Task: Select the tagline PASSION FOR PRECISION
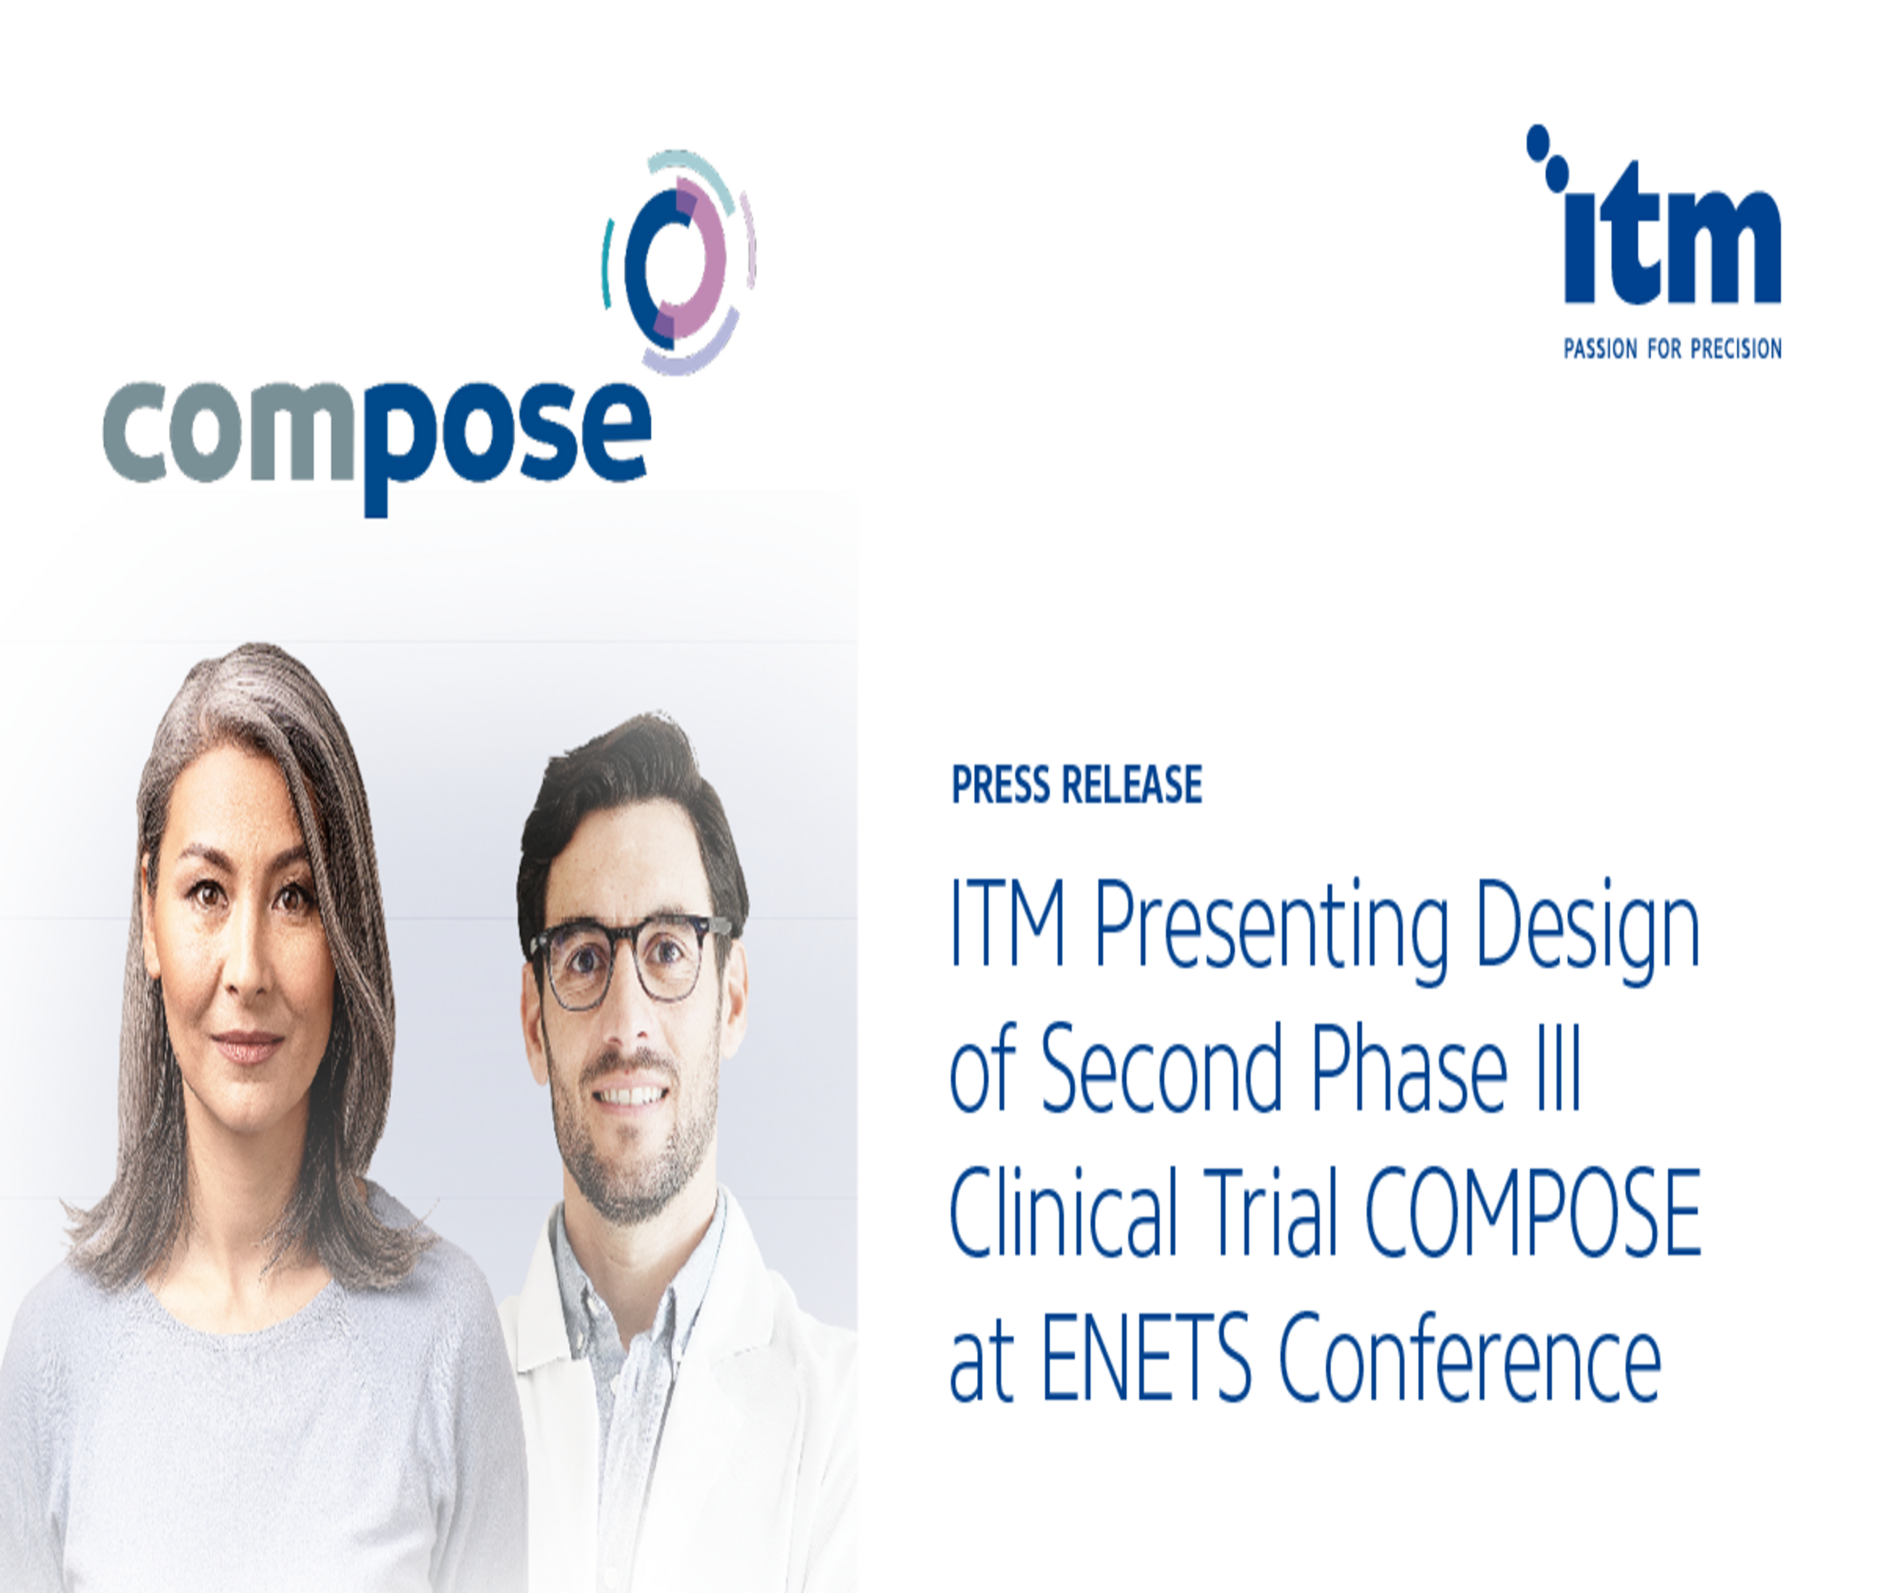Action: coord(1672,348)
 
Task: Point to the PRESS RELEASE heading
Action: coord(1076,784)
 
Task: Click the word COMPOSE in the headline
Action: coord(1532,1211)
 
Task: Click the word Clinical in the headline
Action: coord(1064,1211)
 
